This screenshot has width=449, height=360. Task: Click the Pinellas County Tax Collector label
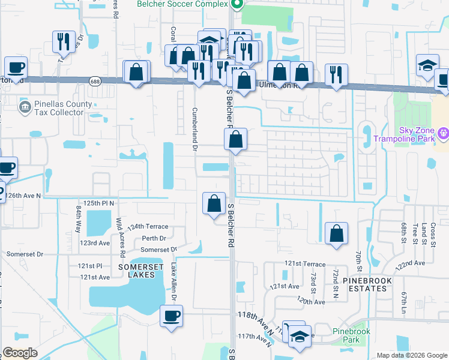coord(58,107)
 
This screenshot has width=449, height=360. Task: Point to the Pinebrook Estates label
coord(367,284)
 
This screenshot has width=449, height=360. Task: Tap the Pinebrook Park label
coord(351,335)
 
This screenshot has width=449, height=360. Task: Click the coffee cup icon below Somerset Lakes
coord(171,315)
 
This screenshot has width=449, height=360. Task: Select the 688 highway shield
coord(95,81)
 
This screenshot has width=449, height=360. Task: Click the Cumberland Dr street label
coord(194,128)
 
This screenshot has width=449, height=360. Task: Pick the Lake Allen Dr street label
coord(173,281)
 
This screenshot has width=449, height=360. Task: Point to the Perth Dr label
coord(154,238)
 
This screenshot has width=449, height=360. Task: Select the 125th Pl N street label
coord(98,203)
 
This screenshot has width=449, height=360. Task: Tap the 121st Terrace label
coord(305,264)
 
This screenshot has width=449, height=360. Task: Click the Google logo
coord(20,353)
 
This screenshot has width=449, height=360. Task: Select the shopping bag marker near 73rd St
coord(337,233)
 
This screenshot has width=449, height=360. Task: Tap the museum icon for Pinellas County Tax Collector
coord(25,107)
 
